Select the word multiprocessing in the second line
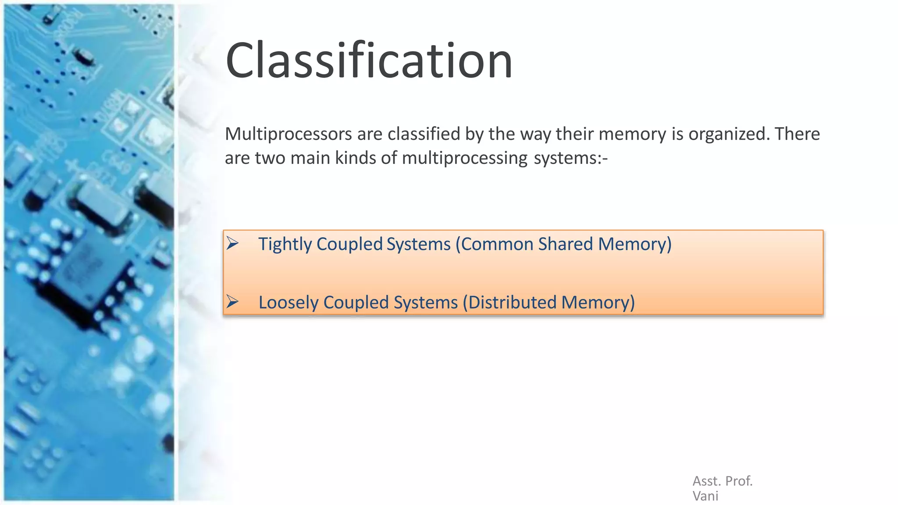(464, 158)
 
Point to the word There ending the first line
(797, 134)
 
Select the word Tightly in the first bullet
(285, 244)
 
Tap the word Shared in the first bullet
(565, 244)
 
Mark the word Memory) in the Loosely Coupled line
(598, 302)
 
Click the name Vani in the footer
(705, 496)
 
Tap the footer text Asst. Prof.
(722, 481)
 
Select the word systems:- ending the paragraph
(570, 158)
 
